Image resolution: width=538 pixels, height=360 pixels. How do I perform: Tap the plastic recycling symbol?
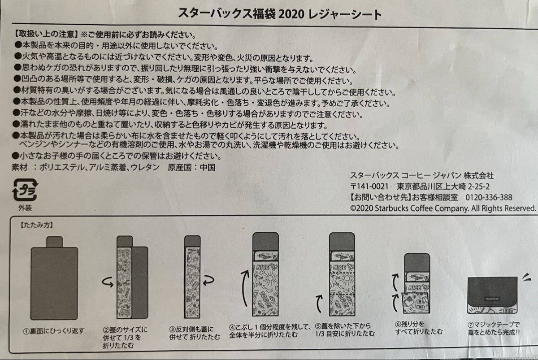25,190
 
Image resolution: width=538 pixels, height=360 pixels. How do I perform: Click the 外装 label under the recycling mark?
25,208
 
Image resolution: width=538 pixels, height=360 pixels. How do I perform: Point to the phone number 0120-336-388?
489,197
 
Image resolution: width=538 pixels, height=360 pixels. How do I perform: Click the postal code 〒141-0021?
369,187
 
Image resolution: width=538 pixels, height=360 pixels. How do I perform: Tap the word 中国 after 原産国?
208,167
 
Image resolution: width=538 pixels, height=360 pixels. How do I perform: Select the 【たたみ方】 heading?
36,225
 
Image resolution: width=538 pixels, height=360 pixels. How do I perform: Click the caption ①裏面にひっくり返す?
54,331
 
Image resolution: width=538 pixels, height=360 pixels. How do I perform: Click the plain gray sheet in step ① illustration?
54,278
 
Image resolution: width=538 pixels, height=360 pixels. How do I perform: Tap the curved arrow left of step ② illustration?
108,282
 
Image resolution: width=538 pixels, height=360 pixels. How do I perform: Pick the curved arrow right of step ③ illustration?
208,281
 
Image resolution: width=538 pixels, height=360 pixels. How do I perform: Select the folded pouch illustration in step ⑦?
492,295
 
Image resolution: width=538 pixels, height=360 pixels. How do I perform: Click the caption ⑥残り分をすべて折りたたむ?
419,328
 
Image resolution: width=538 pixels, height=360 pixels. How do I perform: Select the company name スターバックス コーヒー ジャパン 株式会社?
422,176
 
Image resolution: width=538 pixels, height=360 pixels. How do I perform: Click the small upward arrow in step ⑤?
319,304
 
